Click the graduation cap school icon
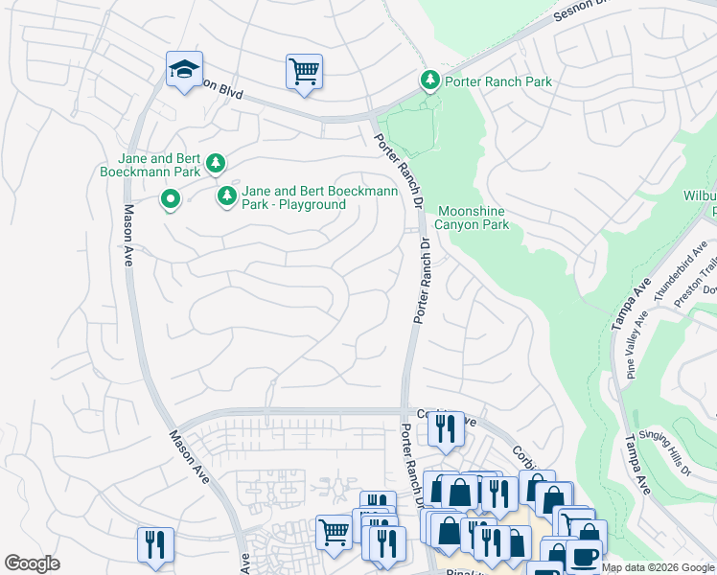pyautogui.click(x=184, y=70)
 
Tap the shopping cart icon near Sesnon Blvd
pyautogui.click(x=304, y=72)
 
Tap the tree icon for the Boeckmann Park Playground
pyautogui.click(x=227, y=197)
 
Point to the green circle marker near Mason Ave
pyautogui.click(x=171, y=199)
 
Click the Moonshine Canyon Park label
pyautogui.click(x=473, y=218)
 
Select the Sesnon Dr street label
pyautogui.click(x=576, y=12)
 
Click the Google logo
pyautogui.click(x=33, y=563)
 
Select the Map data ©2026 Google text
pyautogui.click(x=658, y=567)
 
